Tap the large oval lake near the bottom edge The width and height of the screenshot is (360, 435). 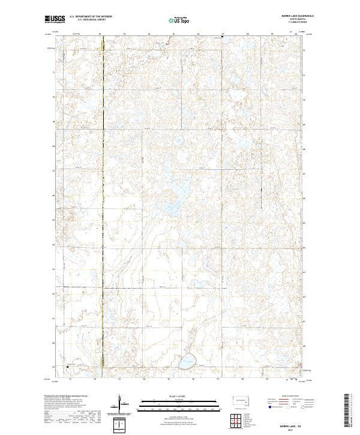(x=187, y=361)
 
